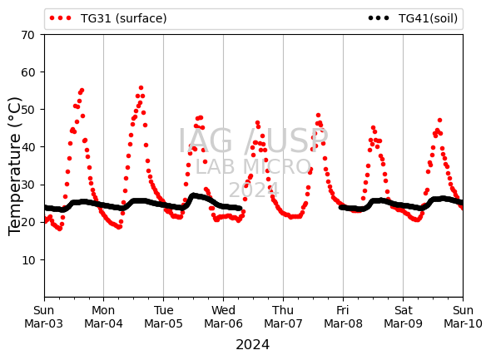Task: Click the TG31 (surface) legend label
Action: [123, 18]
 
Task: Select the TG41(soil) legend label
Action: [428, 18]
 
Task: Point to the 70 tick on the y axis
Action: [27, 35]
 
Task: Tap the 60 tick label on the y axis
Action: [27, 72]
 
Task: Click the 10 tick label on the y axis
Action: [27, 260]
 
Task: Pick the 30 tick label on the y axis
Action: [27, 185]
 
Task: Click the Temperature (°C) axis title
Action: [14, 166]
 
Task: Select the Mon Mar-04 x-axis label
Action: [103, 317]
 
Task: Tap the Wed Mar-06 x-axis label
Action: [223, 317]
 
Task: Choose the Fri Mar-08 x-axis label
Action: [343, 317]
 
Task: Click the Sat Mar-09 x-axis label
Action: [403, 317]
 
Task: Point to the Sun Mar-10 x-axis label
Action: [463, 317]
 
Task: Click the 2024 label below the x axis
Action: [252, 345]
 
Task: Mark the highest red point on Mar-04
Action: [141, 88]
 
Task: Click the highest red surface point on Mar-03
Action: [82, 91]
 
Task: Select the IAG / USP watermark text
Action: [253, 141]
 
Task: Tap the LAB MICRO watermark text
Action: [253, 167]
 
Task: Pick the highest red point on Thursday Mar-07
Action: [318, 115]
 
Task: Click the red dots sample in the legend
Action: [61, 18]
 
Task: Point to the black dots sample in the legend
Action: [379, 18]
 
